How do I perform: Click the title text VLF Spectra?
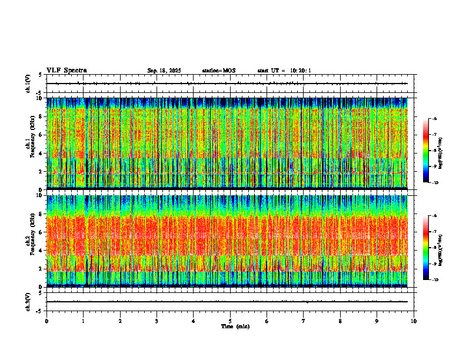[x=66, y=71]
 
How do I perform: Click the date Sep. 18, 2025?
[x=164, y=71]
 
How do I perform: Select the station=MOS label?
[x=218, y=71]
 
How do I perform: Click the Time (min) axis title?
[x=235, y=326]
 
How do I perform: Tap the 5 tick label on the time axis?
[x=230, y=321]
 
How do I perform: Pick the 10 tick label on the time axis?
[x=414, y=321]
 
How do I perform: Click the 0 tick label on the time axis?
[x=46, y=321]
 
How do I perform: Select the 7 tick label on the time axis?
[x=304, y=321]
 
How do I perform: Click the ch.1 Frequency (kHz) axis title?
[x=29, y=144]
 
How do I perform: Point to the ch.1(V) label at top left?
[x=28, y=84]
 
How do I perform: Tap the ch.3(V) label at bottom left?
[x=28, y=301]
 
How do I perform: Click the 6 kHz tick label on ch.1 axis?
[x=41, y=135]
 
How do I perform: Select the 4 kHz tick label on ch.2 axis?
[x=41, y=250]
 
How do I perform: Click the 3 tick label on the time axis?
[x=157, y=321]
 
